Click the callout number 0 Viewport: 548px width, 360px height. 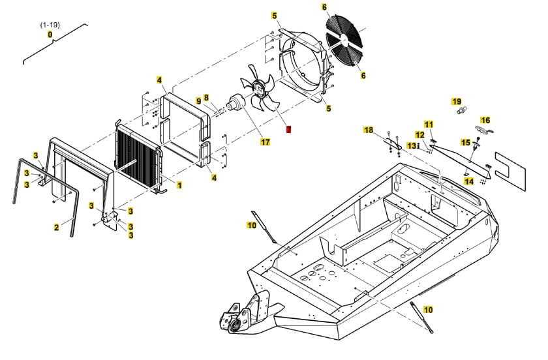pos(50,35)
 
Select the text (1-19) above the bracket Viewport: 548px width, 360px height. pos(50,24)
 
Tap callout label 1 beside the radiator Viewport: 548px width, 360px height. pos(179,185)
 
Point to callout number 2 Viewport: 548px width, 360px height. pos(56,228)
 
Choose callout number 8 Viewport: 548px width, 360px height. pos(205,98)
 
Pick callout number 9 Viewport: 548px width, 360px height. pos(198,101)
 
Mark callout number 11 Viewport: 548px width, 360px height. pos(429,124)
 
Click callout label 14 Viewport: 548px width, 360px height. pos(469,181)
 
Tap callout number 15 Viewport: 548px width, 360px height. pos(466,142)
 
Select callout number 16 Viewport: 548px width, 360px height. pos(485,120)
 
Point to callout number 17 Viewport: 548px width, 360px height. pos(265,142)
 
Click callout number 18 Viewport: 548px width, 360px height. pos(369,130)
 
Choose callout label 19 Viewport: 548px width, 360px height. pos(457,102)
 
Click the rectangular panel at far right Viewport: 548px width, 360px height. pos(510,166)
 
